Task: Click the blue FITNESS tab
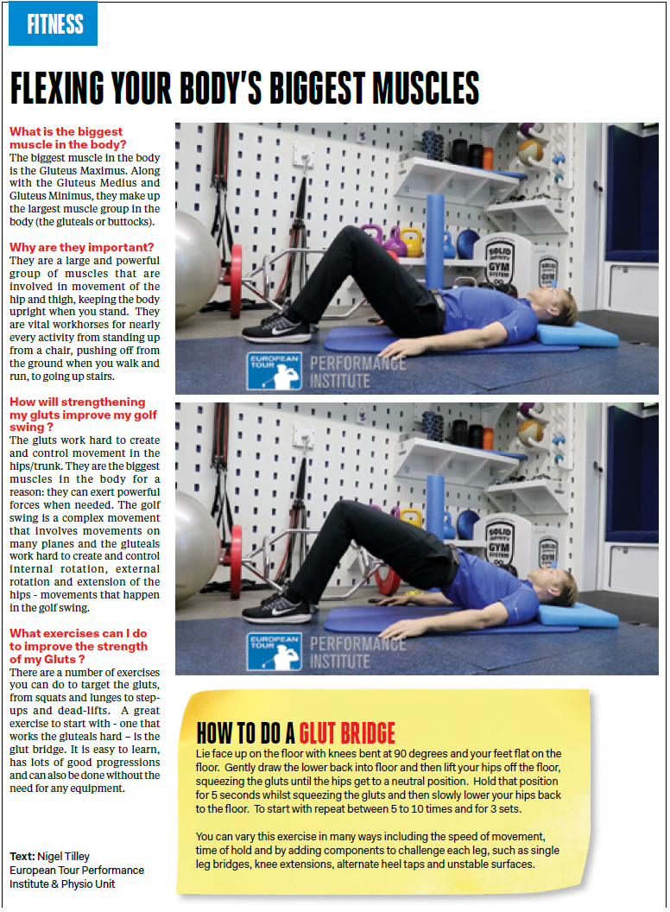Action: (x=53, y=24)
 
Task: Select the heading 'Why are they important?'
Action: (x=81, y=247)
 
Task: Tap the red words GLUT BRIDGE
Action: (x=347, y=733)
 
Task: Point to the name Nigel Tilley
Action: (x=63, y=856)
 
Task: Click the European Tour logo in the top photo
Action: (x=274, y=370)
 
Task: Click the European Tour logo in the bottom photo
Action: (x=274, y=651)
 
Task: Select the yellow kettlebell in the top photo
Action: (x=411, y=243)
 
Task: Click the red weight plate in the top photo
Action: (x=237, y=282)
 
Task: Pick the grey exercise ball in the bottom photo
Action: (x=196, y=546)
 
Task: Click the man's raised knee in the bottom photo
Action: (x=346, y=510)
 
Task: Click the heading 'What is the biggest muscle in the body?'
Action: (x=67, y=138)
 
